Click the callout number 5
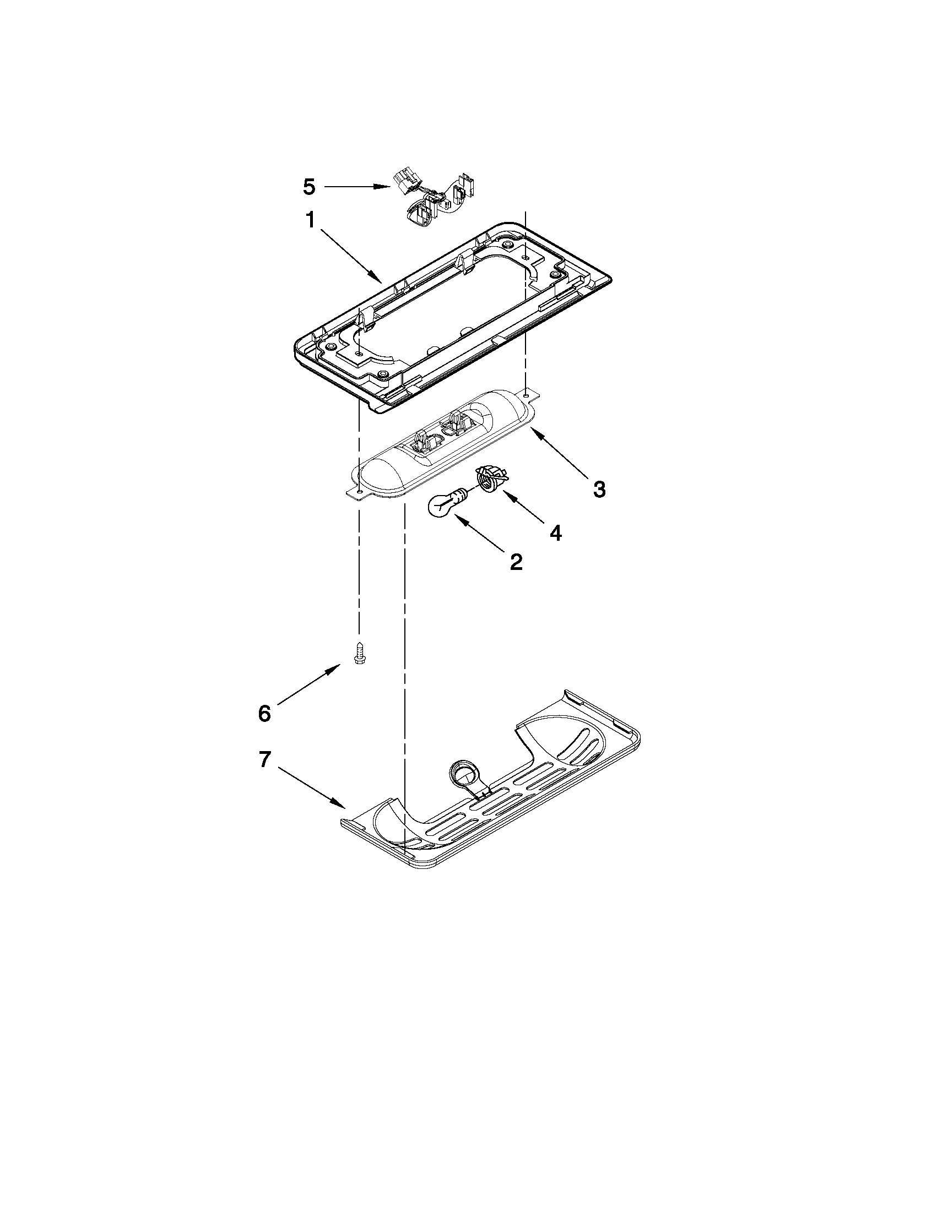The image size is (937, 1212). tap(309, 187)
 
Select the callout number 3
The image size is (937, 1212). tap(599, 489)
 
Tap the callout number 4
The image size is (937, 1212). tap(555, 532)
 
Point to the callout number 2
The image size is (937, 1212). tap(516, 562)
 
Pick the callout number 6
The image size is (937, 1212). tap(264, 713)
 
